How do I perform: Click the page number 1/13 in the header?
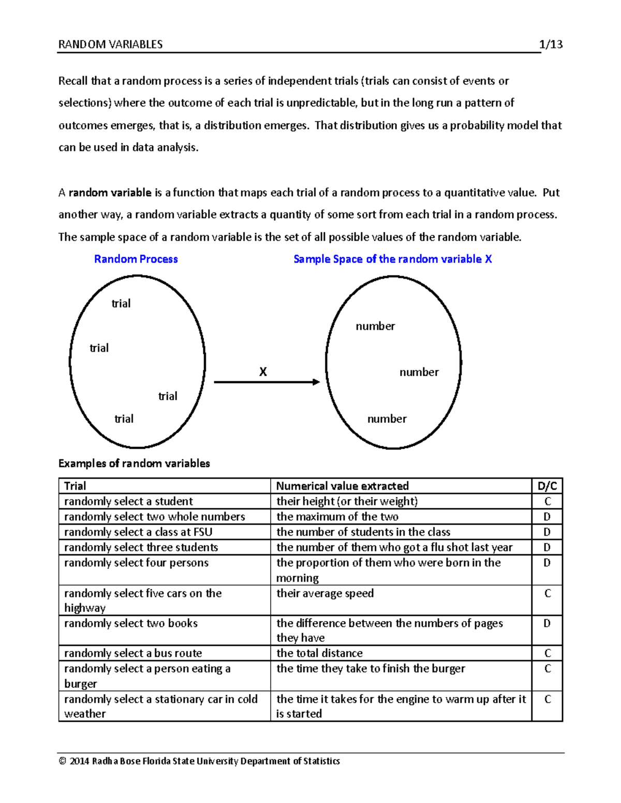click(551, 44)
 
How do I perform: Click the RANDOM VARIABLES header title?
click(110, 44)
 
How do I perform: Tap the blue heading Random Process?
click(136, 259)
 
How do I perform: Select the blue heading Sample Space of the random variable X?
click(392, 259)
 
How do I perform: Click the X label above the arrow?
click(263, 372)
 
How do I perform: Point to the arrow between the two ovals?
click(267, 382)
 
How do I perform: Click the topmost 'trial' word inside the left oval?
click(121, 304)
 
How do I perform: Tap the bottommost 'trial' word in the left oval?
click(124, 419)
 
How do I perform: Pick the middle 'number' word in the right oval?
click(419, 372)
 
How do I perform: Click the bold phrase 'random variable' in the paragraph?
click(110, 193)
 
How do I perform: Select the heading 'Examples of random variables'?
click(134, 463)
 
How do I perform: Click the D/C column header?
click(547, 486)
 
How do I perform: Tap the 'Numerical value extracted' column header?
click(342, 486)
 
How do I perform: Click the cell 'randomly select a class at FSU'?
click(138, 532)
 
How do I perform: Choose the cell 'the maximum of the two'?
click(337, 517)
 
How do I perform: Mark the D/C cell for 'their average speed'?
click(548, 594)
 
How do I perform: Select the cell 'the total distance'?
click(319, 653)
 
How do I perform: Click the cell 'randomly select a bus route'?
click(133, 653)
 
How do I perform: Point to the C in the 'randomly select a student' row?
click(548, 502)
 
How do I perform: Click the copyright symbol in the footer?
click(63, 761)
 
